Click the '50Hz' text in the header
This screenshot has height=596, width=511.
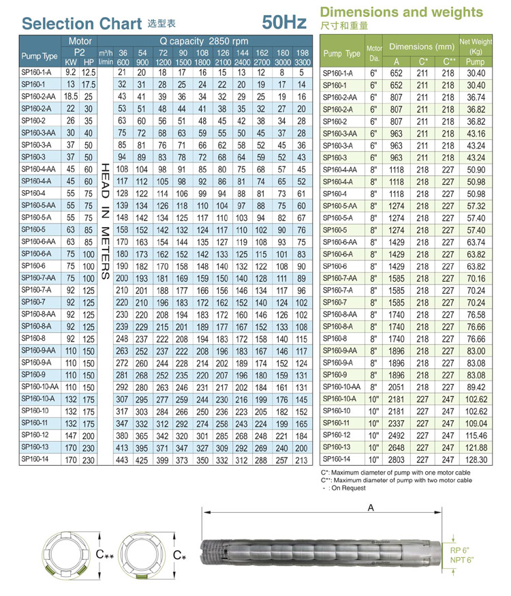tap(284, 22)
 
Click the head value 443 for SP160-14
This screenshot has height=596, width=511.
tap(123, 460)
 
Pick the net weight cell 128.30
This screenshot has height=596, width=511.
tap(476, 460)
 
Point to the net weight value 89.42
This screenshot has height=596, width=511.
tap(476, 387)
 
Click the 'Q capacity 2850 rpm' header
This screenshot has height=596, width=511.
tap(204, 41)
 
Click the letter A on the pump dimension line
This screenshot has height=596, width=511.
tap(370, 507)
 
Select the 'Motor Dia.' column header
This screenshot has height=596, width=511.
tap(374, 52)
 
